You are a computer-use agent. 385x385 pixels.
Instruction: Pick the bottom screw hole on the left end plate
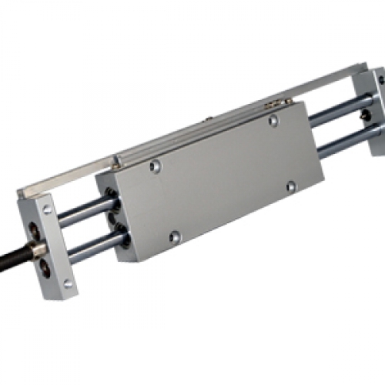point(68,283)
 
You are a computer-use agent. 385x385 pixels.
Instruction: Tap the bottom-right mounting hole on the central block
point(290,186)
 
